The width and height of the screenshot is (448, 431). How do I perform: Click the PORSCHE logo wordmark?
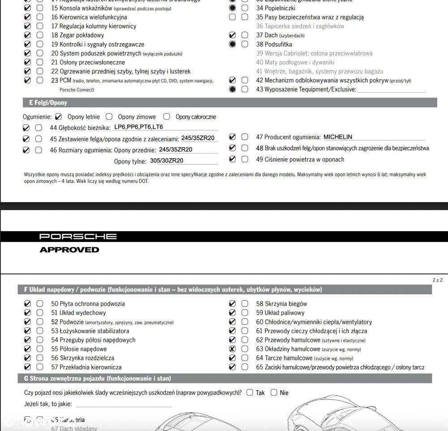(x=78, y=236)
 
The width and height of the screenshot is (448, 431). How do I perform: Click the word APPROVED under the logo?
(x=69, y=250)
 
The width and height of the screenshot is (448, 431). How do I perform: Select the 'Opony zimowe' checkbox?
(x=109, y=116)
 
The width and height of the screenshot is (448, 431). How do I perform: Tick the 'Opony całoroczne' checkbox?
(x=167, y=116)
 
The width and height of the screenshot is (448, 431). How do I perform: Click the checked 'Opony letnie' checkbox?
(x=58, y=116)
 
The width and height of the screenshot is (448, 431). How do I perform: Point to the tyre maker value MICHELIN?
(x=338, y=137)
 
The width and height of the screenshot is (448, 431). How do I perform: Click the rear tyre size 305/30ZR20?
(x=166, y=161)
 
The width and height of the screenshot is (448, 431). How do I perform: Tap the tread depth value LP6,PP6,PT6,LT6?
(x=138, y=127)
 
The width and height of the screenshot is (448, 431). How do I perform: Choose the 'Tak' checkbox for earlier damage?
(x=250, y=392)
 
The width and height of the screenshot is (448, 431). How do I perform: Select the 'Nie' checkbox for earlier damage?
(x=274, y=392)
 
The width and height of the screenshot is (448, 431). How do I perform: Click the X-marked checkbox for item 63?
(x=232, y=349)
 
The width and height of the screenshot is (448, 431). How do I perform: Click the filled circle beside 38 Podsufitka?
(x=232, y=44)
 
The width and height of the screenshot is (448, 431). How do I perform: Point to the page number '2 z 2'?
(x=437, y=280)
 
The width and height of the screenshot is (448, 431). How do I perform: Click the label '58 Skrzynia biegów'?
(x=281, y=304)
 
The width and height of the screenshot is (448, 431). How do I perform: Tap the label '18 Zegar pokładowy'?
(x=78, y=35)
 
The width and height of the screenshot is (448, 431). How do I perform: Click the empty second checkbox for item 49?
(x=245, y=159)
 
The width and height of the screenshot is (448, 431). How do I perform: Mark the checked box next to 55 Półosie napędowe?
(x=27, y=349)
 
